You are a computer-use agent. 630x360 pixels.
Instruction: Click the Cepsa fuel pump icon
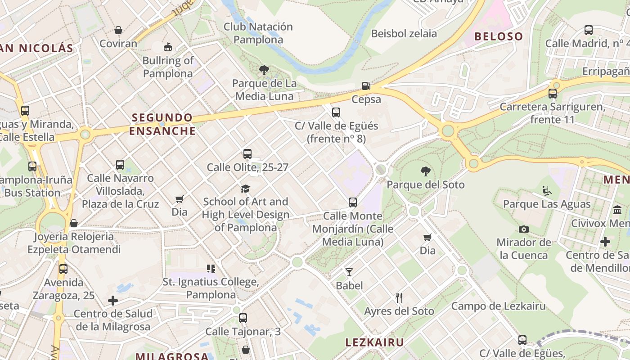(366, 85)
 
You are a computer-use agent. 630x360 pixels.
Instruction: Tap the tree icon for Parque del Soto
(425, 171)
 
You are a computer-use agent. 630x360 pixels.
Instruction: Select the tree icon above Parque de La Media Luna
(264, 70)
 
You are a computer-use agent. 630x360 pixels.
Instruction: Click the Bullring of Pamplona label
(168, 67)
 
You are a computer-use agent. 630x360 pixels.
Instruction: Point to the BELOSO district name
(499, 36)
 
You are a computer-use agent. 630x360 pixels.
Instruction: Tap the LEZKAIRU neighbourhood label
(374, 342)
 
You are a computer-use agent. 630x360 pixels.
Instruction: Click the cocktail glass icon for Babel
(349, 272)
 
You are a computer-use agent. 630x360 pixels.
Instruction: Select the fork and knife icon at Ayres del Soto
(399, 297)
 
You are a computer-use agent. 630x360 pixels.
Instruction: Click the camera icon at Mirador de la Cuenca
(523, 229)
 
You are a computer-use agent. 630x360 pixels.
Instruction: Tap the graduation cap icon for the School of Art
(245, 188)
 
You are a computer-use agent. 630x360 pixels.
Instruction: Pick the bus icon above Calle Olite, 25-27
(247, 154)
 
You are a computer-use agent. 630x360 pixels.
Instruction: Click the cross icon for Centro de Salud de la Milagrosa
(113, 300)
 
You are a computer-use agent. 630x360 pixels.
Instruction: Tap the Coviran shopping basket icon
(118, 30)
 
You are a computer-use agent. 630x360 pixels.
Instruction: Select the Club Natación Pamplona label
(258, 33)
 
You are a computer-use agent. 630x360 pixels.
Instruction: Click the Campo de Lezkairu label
(498, 306)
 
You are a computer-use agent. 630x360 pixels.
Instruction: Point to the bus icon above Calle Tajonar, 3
(243, 318)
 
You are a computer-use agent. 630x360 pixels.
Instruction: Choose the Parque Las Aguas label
(547, 204)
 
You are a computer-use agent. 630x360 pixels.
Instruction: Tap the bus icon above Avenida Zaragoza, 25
(63, 269)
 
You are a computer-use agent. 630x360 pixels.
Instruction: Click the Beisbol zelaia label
(404, 33)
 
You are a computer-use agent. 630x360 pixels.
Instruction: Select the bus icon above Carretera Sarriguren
(553, 94)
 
